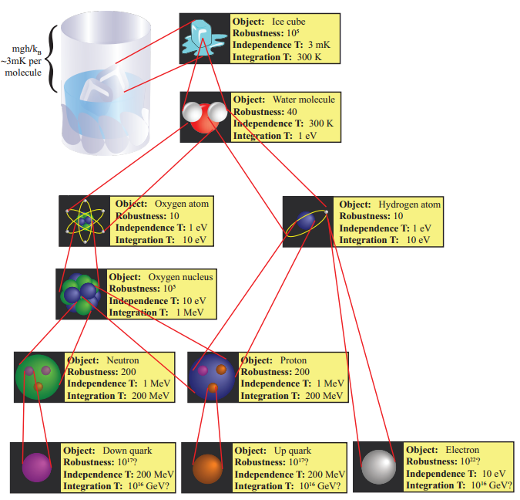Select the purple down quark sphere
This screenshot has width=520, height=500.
pos(35,468)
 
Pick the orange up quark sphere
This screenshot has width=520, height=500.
pos(207,468)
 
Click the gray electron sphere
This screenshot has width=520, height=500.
pos(378,466)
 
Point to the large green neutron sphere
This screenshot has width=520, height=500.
pos(38,377)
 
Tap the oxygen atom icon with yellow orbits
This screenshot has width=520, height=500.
pos(86,221)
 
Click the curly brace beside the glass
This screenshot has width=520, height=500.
pos(52,59)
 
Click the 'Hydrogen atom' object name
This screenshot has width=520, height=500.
pos(409,204)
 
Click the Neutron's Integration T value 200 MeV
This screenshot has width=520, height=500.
pos(148,396)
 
